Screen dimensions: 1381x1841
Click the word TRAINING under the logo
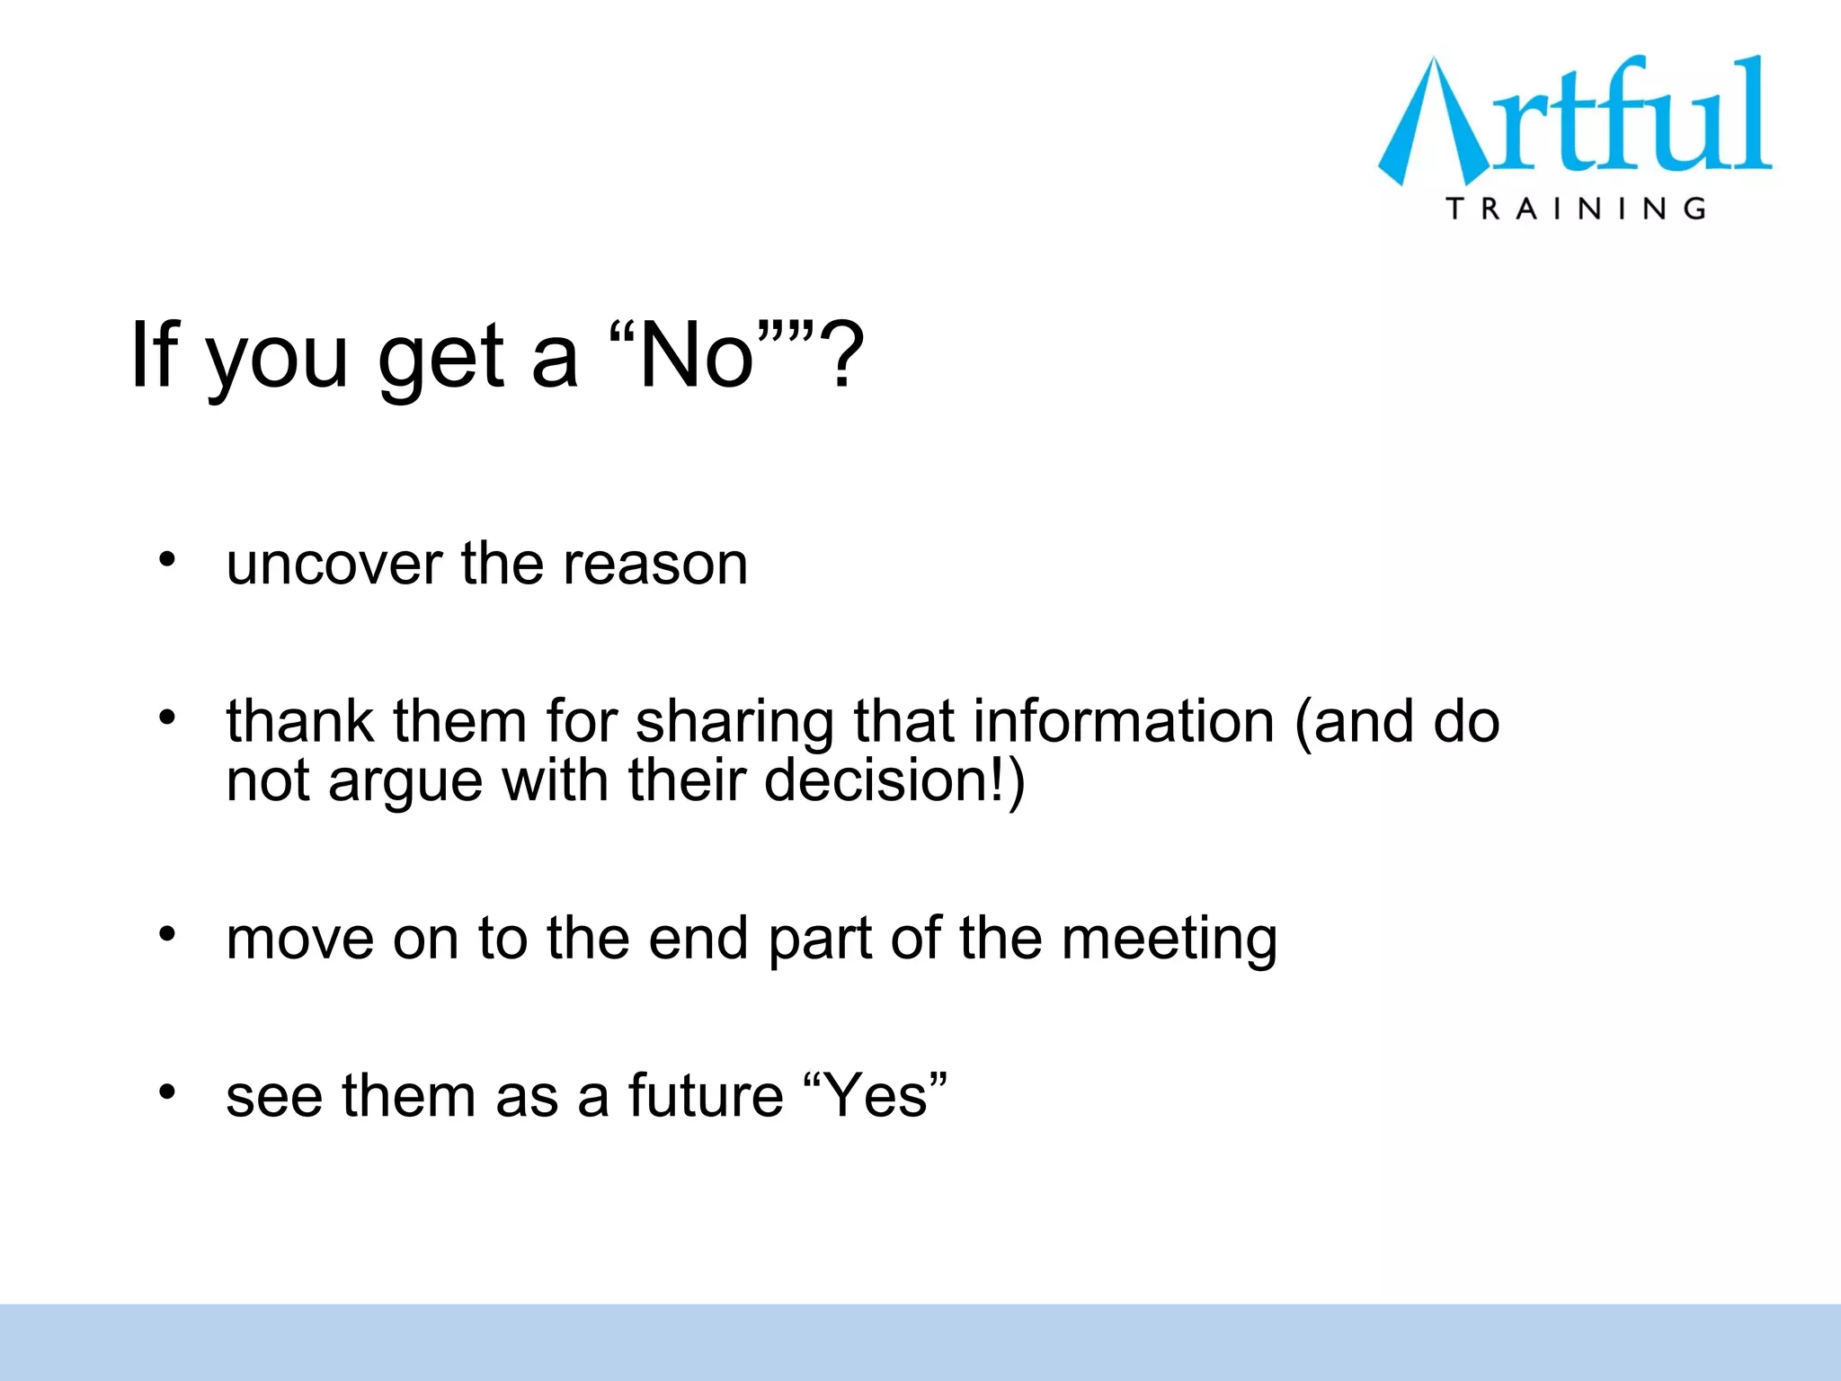pyautogui.click(x=1576, y=209)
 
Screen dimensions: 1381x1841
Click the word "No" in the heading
pyautogui.click(x=695, y=356)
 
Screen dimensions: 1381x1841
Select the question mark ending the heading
pyautogui.click(x=844, y=356)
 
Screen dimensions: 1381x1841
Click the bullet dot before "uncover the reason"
pyautogui.click(x=167, y=560)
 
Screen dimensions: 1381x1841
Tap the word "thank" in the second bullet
pyautogui.click(x=298, y=721)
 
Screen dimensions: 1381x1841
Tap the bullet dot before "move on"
pyautogui.click(x=167, y=934)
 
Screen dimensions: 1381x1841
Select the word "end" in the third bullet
pyautogui.click(x=698, y=938)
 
